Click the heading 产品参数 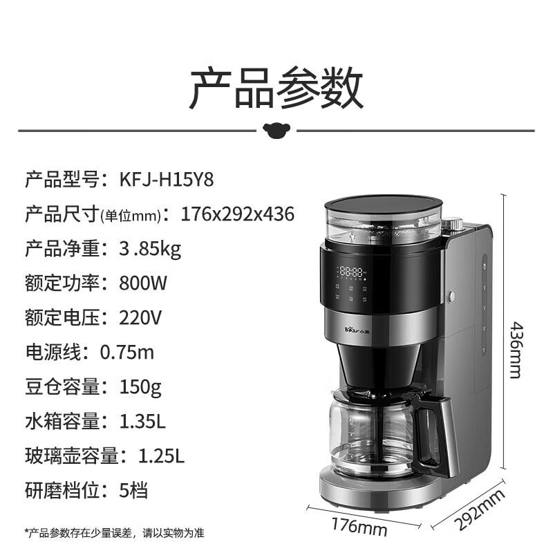(x=276, y=88)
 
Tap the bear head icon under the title (x=276, y=129)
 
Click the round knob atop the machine (x=453, y=225)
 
